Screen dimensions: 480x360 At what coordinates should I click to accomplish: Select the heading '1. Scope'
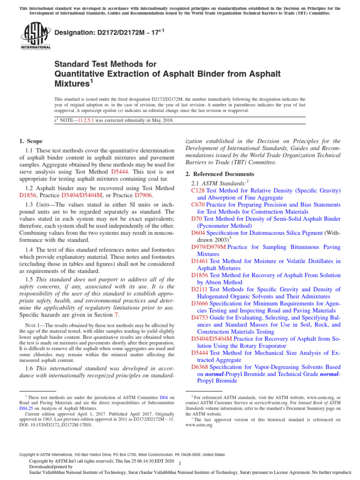pos(31,141)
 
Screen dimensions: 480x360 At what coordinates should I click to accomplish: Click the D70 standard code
pos(196,219)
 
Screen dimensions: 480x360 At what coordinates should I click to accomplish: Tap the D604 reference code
pos(198,233)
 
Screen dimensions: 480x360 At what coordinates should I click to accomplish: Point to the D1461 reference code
pos(200,261)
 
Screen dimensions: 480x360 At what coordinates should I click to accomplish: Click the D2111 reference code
pos(200,289)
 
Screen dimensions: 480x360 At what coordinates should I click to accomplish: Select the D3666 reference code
pos(200,303)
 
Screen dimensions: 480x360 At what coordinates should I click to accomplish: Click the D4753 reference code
pos(200,317)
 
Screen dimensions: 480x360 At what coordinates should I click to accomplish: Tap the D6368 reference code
pos(200,367)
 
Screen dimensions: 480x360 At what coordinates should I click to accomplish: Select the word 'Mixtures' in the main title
pos(71,84)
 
